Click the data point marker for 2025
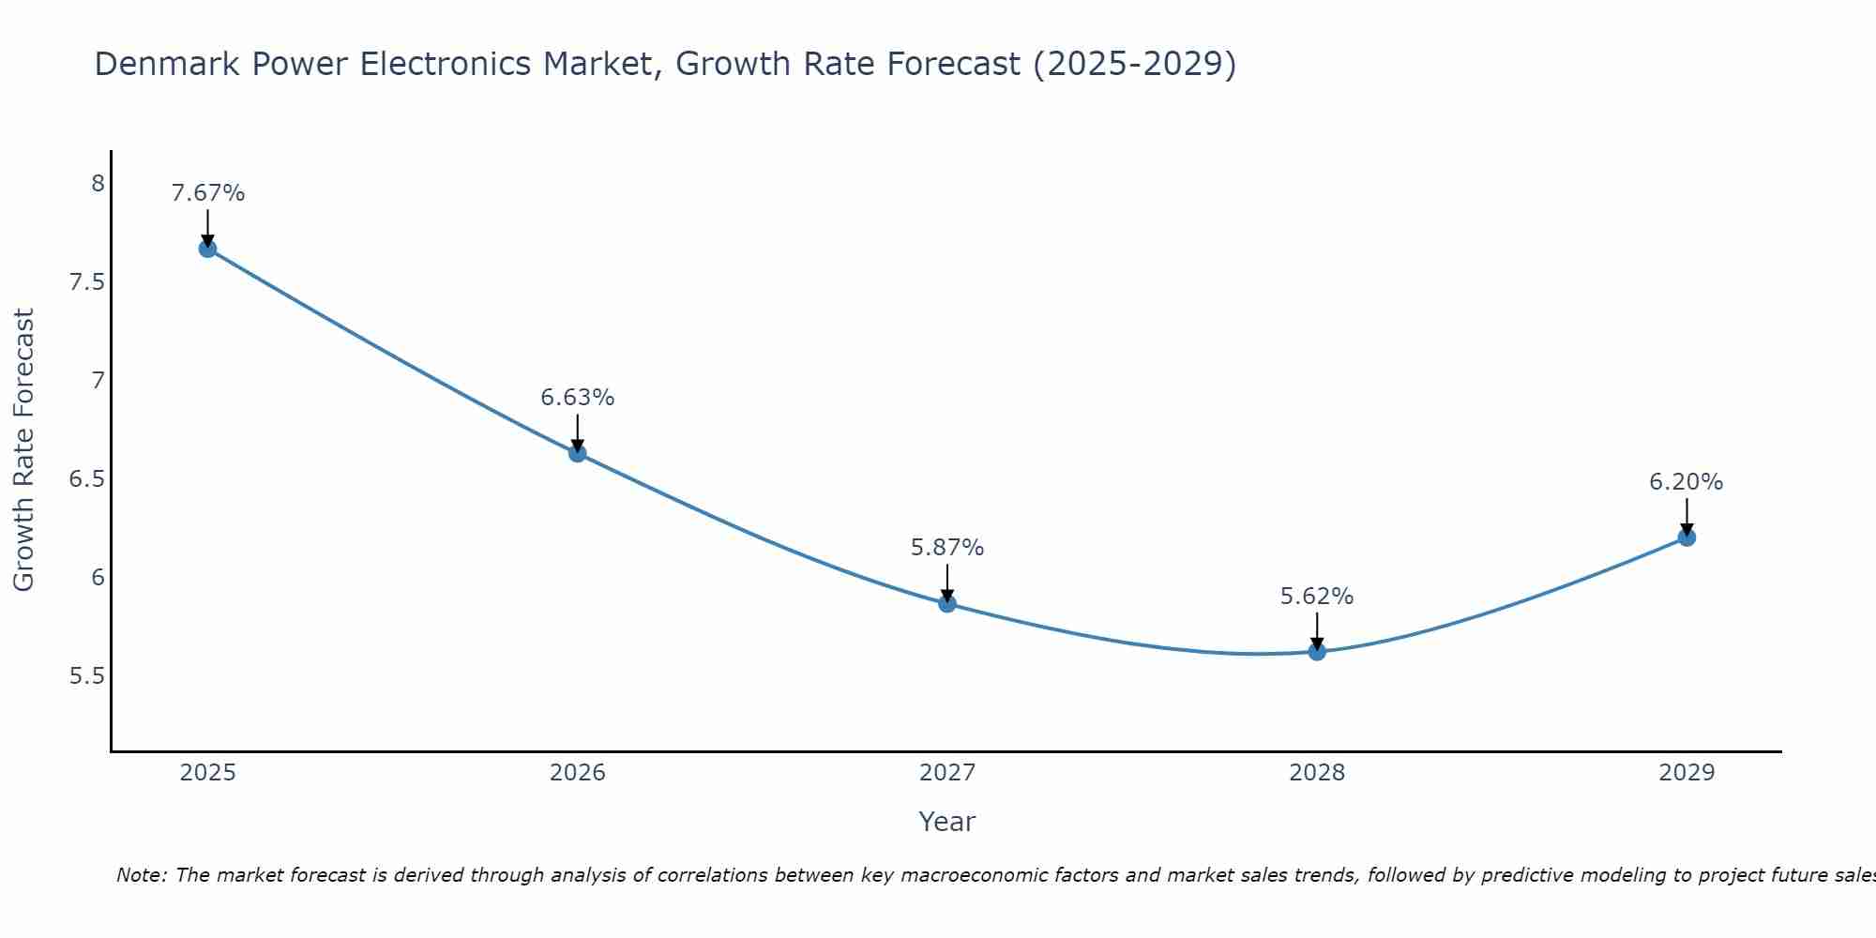(x=207, y=249)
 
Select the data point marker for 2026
(x=578, y=453)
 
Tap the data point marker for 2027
(x=947, y=603)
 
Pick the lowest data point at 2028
(x=1317, y=651)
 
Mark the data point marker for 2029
(x=1687, y=537)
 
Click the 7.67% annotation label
(x=208, y=193)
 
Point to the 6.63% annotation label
(x=578, y=398)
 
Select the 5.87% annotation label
(x=947, y=548)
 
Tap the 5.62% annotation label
(x=1317, y=597)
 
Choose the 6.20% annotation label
(x=1687, y=482)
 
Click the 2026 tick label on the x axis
(x=578, y=773)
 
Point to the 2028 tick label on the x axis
(x=1317, y=773)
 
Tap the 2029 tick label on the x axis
(x=1687, y=773)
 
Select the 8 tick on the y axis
(x=98, y=183)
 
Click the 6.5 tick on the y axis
(x=87, y=479)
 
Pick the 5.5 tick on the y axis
(x=87, y=676)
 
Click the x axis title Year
(x=947, y=822)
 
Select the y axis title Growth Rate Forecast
(x=24, y=450)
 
